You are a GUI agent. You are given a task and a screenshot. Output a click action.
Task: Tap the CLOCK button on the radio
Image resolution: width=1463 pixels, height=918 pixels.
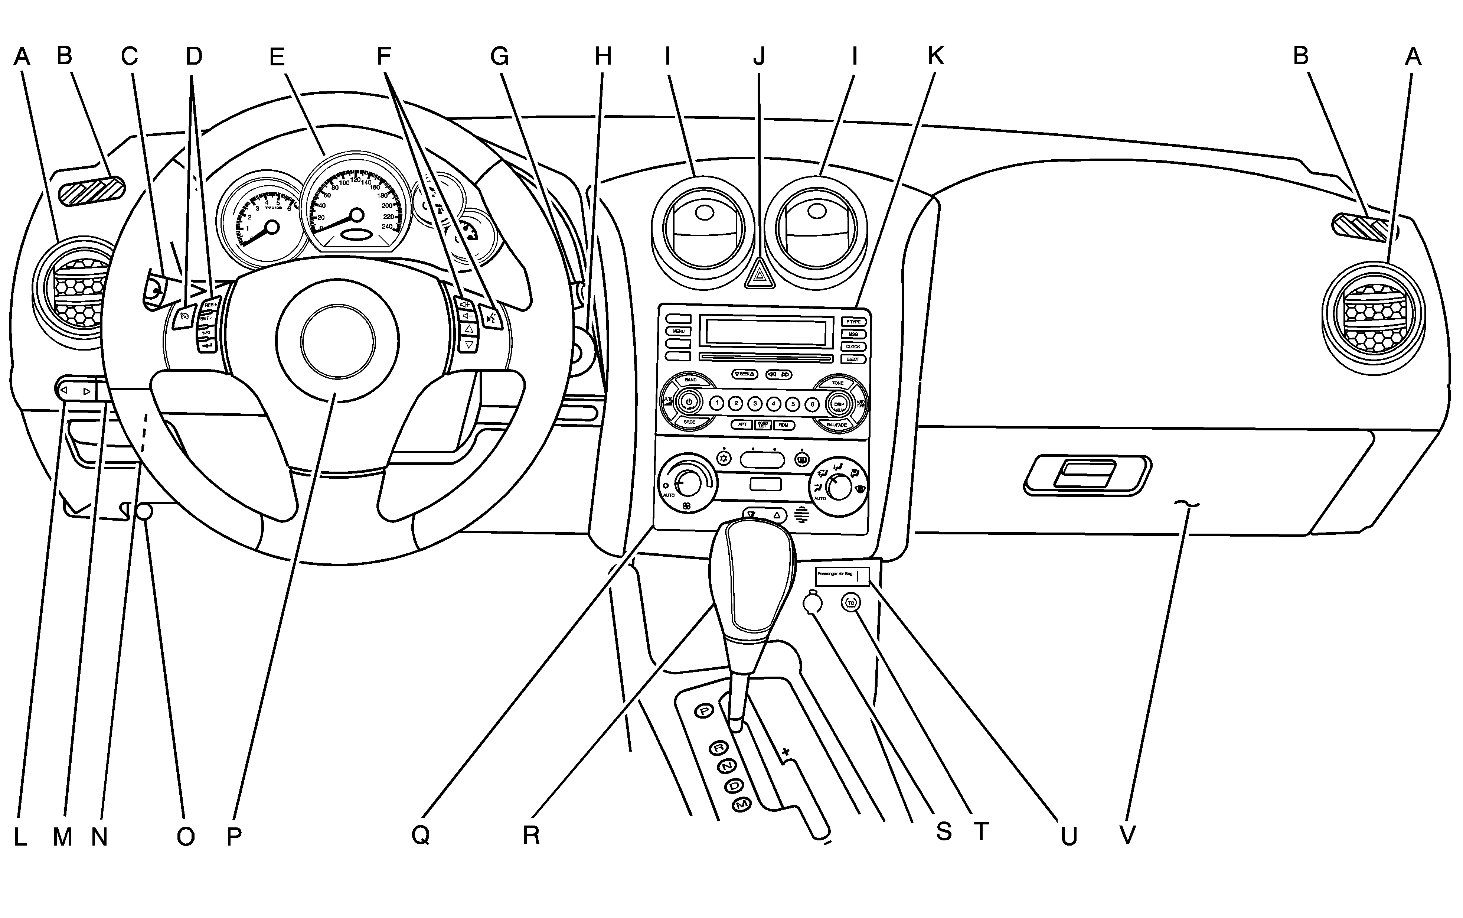853,347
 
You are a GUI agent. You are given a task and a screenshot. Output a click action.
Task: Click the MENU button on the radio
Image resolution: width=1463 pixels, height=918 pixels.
678,331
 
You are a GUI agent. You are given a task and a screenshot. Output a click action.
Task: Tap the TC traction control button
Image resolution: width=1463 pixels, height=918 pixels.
851,603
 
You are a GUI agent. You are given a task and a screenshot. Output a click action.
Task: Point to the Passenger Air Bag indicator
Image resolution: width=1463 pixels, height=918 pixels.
842,575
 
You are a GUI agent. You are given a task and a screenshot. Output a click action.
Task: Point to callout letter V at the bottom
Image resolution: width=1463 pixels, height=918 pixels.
1127,836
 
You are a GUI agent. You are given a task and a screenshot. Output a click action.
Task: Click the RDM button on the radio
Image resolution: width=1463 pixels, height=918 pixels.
783,425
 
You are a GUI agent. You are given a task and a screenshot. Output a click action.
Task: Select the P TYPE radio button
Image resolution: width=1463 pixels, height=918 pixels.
853,322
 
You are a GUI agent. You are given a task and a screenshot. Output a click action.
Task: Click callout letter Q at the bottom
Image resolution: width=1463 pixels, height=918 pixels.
421,836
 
